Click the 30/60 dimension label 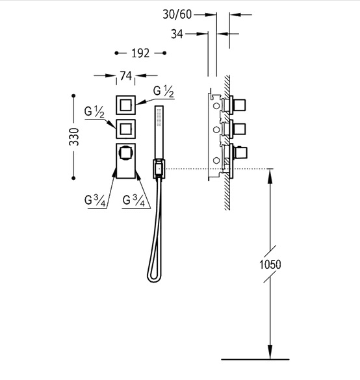click(177, 14)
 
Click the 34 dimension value click(177, 34)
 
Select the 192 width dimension click(140, 53)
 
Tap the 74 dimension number click(126, 76)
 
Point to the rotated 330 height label click(74, 137)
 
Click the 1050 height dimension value click(270, 264)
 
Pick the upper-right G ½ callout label click(164, 92)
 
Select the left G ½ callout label click(94, 112)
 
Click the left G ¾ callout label click(95, 201)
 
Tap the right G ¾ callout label click(134, 201)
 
